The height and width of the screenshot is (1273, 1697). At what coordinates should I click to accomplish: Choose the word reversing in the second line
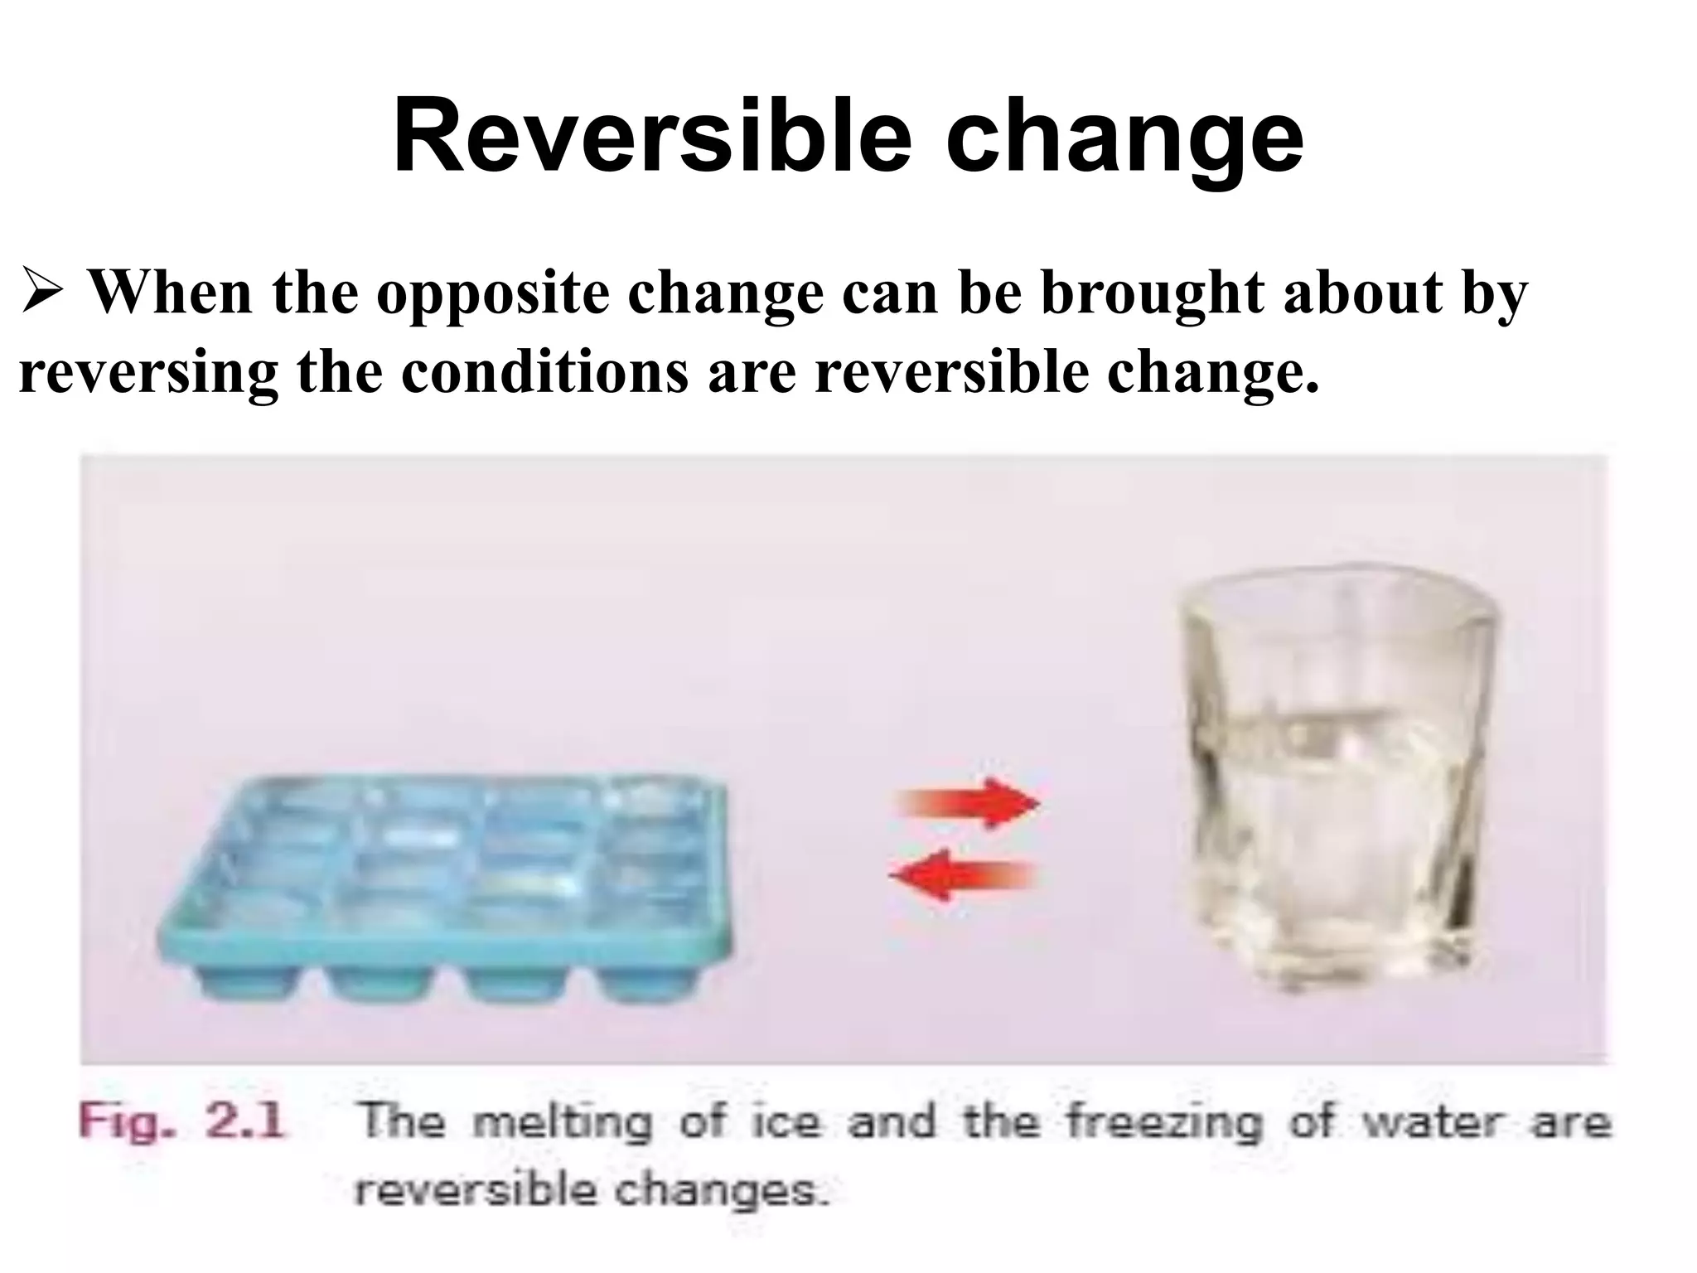[148, 375]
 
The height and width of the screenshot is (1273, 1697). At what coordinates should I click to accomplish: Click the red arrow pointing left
[961, 875]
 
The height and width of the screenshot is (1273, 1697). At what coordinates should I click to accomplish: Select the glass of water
[1334, 779]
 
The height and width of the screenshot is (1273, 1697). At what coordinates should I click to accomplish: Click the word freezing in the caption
[1163, 1123]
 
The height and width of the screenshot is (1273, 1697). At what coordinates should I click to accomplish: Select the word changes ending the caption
[720, 1192]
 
